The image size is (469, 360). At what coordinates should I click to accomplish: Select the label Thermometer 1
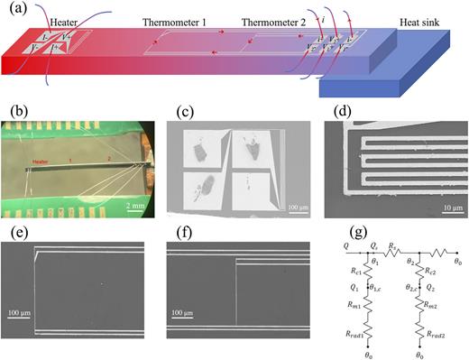pos(174,21)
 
